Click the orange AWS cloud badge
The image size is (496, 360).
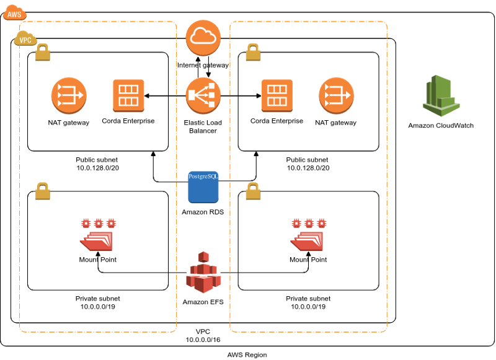[14, 12]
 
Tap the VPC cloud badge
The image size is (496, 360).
[25, 38]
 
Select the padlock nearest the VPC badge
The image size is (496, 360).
[42, 53]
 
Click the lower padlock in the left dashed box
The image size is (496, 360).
[42, 191]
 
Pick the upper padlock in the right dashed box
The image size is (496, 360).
[253, 53]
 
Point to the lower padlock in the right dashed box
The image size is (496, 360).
[253, 191]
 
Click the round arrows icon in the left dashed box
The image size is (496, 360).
[69, 95]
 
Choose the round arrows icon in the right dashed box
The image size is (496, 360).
[337, 95]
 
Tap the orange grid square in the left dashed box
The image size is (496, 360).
[128, 95]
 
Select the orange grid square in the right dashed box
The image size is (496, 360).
[277, 95]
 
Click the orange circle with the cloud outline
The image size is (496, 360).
[203, 37]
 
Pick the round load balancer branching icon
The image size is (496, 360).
[203, 95]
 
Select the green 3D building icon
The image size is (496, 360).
[441, 95]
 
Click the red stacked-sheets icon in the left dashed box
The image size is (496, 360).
[97, 240]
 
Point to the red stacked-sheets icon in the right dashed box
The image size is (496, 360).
[308, 240]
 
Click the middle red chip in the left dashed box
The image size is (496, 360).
[99, 223]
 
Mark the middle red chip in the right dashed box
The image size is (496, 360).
[309, 223]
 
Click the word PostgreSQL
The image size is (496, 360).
[203, 177]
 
